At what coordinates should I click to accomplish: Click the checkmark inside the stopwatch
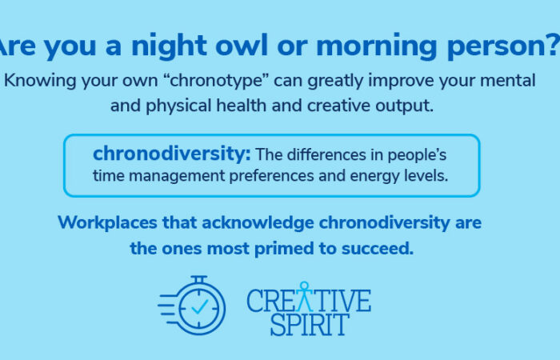pos(198,306)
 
